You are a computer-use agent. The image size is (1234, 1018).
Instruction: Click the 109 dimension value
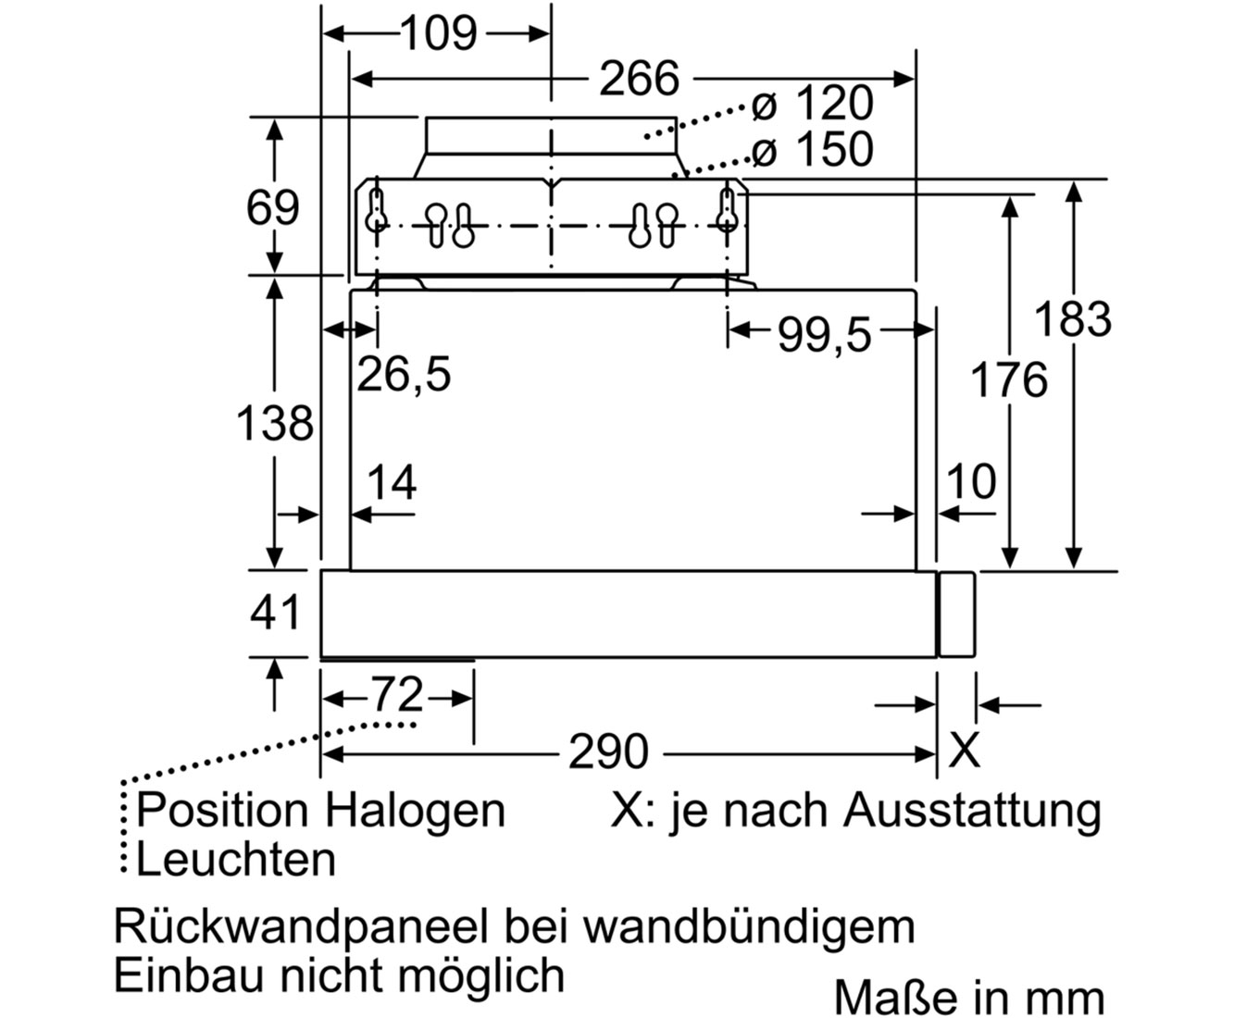(x=439, y=33)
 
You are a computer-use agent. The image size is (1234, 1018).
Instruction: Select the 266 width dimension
(x=640, y=78)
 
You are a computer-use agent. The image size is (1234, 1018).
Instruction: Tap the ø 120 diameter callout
(x=812, y=104)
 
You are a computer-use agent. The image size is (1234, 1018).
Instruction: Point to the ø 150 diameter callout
(x=812, y=149)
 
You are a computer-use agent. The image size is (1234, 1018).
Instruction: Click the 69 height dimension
(x=272, y=207)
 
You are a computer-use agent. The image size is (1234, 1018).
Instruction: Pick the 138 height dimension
(x=274, y=423)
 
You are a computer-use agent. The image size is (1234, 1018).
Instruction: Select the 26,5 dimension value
(x=404, y=375)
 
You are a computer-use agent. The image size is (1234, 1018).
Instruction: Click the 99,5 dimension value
(x=824, y=335)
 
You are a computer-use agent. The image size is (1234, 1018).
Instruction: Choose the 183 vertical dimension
(x=1073, y=319)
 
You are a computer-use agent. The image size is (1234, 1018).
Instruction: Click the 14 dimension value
(x=392, y=482)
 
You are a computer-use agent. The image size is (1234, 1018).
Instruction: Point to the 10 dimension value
(x=971, y=481)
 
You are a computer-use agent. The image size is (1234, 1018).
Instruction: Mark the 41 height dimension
(x=275, y=613)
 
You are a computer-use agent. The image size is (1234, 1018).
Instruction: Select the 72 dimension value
(x=396, y=694)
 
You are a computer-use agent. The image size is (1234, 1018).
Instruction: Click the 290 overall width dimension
(x=608, y=752)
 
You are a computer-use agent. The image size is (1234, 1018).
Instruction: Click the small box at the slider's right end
(x=956, y=614)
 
